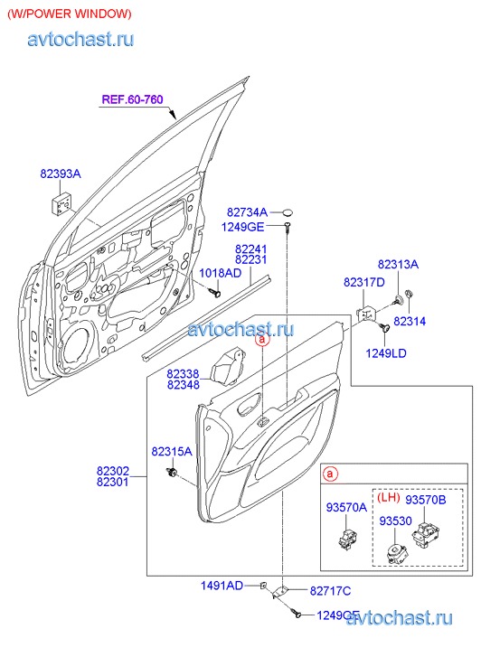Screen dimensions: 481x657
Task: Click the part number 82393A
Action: click(x=61, y=174)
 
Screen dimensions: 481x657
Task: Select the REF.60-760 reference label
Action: click(x=133, y=99)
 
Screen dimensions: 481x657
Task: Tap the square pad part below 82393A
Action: click(x=61, y=203)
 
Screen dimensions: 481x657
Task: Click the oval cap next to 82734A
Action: click(x=288, y=212)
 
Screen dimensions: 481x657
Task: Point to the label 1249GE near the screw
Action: click(x=243, y=227)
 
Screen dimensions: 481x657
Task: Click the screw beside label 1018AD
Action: click(x=215, y=291)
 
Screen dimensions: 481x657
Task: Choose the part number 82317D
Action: click(x=364, y=282)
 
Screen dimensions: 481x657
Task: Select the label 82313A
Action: click(x=398, y=265)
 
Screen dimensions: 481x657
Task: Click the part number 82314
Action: click(x=410, y=321)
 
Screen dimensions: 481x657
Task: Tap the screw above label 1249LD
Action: click(x=383, y=327)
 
